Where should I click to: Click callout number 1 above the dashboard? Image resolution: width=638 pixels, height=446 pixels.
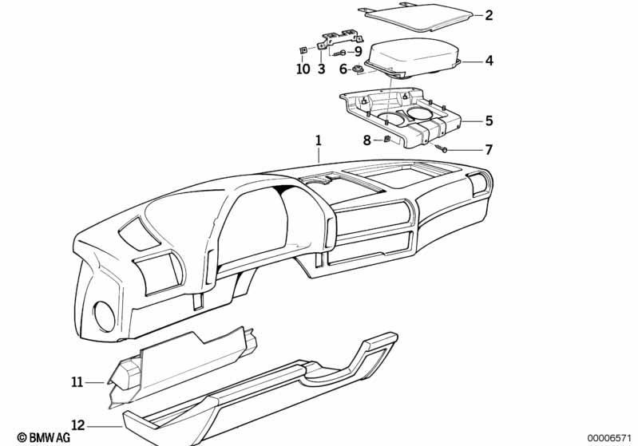(x=318, y=140)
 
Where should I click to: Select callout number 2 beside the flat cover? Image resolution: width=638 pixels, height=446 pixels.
(x=489, y=15)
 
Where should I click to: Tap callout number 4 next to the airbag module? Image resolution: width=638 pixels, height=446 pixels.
(x=489, y=61)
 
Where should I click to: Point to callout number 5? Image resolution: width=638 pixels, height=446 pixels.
(x=489, y=120)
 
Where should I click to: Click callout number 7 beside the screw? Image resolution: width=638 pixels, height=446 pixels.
(x=489, y=150)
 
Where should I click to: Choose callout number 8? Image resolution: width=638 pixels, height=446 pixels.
(x=367, y=140)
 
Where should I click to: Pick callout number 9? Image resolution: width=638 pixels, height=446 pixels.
(x=358, y=52)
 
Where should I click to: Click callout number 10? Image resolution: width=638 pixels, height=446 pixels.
(x=303, y=69)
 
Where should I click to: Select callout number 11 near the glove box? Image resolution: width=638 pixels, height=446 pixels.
(x=77, y=382)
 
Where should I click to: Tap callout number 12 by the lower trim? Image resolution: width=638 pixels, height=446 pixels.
(x=78, y=425)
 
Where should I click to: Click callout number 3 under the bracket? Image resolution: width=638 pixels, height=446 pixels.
(x=322, y=69)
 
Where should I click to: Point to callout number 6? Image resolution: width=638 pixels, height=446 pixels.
(x=343, y=69)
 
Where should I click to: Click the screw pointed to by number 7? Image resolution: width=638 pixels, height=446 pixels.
(x=441, y=148)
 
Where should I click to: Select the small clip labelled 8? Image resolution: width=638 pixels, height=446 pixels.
(x=387, y=140)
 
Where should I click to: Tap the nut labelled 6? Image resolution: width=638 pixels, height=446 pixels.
(x=358, y=69)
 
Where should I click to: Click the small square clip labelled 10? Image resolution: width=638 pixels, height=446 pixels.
(x=303, y=50)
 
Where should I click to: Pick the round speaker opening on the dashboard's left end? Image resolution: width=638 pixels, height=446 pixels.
(x=104, y=316)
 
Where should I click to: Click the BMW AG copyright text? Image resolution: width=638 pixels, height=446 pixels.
(x=44, y=437)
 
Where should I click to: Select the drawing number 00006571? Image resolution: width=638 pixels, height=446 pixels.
(x=609, y=437)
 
